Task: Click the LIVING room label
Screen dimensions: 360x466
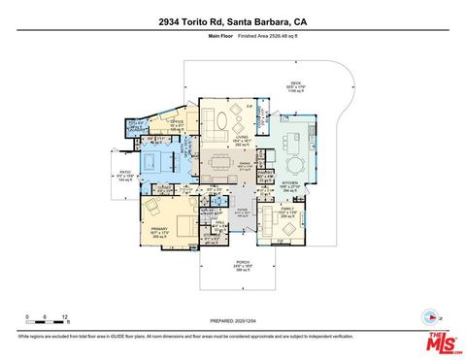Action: coord(241,138)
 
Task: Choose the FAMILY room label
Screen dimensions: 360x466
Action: coord(287,209)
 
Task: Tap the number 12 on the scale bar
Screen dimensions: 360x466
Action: coord(65,316)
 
